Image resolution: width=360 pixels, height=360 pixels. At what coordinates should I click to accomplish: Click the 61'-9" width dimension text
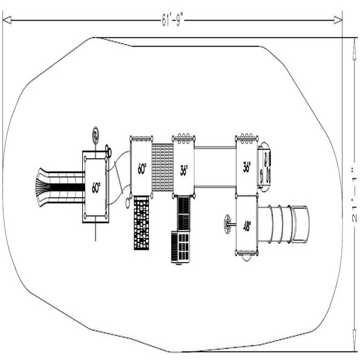coord(172,20)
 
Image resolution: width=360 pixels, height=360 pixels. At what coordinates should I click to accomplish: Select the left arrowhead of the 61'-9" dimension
coord(7,20)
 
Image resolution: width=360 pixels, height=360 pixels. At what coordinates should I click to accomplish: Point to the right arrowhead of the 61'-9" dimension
coord(338,20)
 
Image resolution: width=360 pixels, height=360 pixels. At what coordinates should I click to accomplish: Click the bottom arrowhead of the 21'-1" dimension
coord(355,340)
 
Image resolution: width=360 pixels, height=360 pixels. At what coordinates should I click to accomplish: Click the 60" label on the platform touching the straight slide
coord(96,188)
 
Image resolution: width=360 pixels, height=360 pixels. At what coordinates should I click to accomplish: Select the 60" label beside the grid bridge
coord(142,169)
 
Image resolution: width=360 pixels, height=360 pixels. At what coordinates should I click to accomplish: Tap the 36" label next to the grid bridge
coord(184,171)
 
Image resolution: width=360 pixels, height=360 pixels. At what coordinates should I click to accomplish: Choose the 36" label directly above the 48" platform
coord(247,167)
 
